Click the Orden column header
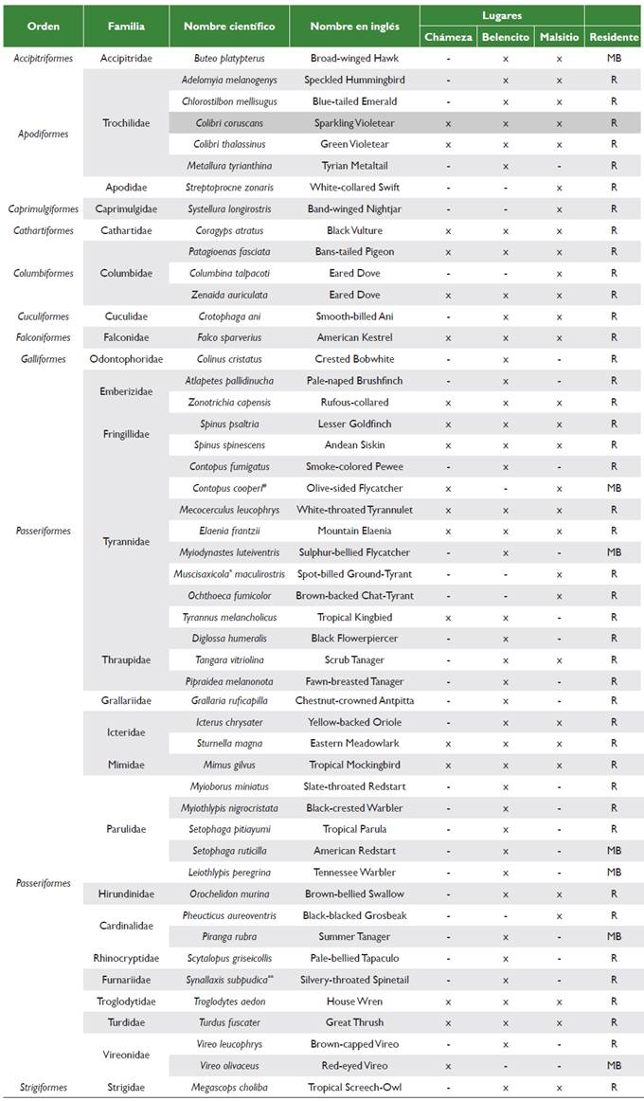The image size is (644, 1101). coord(43,27)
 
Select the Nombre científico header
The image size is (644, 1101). coord(229,27)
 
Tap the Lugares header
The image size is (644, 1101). coord(502,16)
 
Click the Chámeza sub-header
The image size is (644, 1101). coord(448,37)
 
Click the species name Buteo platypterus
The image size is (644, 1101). coord(229,59)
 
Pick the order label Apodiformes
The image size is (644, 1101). coord(43,134)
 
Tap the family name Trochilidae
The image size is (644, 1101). coord(126,123)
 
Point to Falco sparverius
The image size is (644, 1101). coord(229,337)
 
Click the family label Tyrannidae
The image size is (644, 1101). coord(126,541)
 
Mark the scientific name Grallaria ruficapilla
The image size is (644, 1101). coord(229,700)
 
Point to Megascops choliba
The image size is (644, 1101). coord(229,1087)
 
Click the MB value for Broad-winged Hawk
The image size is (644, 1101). coord(614,59)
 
